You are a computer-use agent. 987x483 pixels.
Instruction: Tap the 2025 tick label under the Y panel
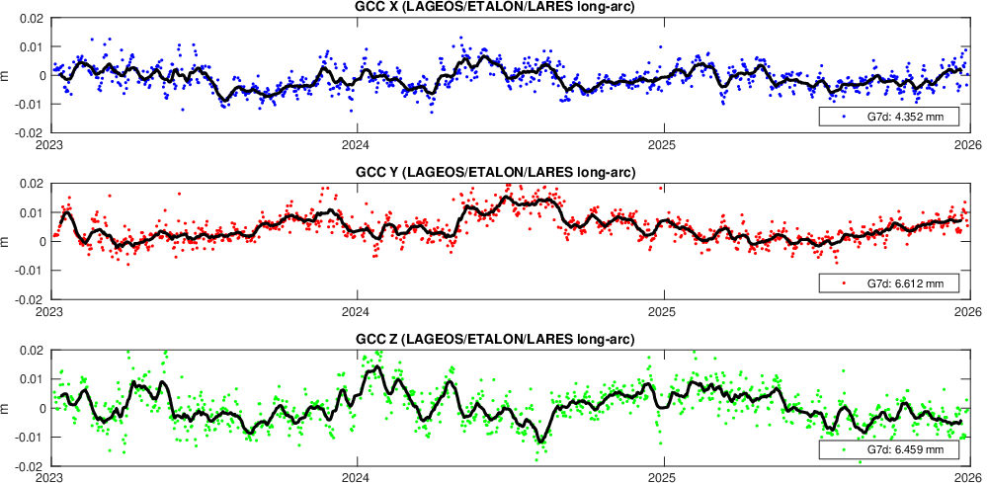pos(665,310)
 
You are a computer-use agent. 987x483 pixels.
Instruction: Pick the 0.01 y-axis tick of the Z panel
pos(30,379)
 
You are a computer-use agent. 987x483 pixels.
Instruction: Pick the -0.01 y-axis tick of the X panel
pos(28,104)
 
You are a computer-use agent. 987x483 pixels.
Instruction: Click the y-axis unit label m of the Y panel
pos(8,241)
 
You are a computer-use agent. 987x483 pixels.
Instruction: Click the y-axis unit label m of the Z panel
pos(8,408)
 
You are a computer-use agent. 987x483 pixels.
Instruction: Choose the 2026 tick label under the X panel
pos(967,143)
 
